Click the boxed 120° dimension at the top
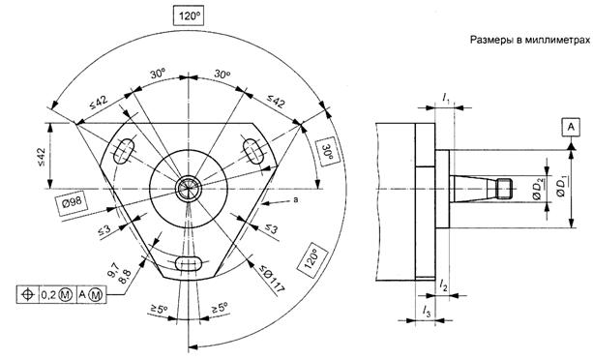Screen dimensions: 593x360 (189, 15)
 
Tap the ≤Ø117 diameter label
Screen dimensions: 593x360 (272, 280)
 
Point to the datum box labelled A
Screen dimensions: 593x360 (571, 127)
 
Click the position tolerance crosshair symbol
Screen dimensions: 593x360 (28, 294)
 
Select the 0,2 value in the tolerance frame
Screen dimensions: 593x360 (48, 294)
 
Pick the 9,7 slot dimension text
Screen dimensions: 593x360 (113, 270)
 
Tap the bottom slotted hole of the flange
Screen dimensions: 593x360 (189, 263)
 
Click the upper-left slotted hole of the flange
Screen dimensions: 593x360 (125, 151)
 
